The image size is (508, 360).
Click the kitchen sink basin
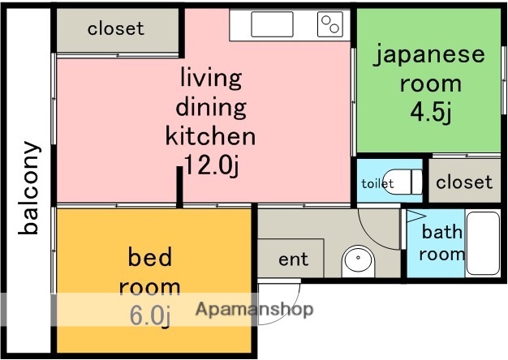(x=271, y=25)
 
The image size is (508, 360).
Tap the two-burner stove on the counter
(x=329, y=25)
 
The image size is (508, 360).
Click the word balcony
(x=30, y=187)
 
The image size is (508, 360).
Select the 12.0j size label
(x=211, y=165)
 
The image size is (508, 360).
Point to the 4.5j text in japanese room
(x=430, y=110)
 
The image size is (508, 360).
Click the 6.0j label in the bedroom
(x=150, y=314)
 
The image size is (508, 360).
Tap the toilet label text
(x=377, y=183)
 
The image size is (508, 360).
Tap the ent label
(x=293, y=259)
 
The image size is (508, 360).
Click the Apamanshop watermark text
(x=254, y=309)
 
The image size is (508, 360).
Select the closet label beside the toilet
(x=463, y=182)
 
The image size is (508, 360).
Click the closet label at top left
(x=116, y=28)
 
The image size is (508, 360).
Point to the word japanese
(x=429, y=55)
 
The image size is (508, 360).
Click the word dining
(x=211, y=107)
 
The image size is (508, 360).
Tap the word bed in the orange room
(x=150, y=258)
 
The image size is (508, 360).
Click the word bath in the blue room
(x=441, y=233)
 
